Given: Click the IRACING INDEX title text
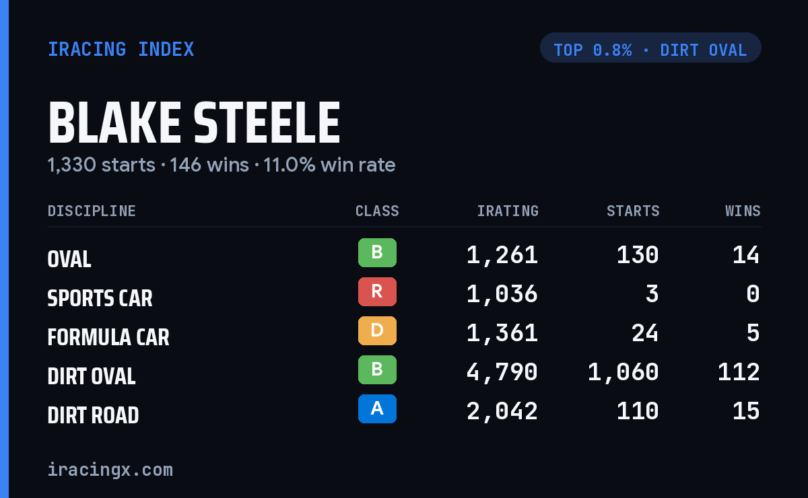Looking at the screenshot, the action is click(121, 49).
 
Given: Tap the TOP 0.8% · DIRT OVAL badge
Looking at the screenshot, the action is click(650, 48).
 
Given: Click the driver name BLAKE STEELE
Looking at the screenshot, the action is click(194, 122).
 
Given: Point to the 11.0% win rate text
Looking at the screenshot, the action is click(329, 165).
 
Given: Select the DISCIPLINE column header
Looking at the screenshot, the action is click(92, 211).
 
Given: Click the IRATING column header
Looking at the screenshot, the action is click(508, 211).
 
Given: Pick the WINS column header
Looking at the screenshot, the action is click(743, 211).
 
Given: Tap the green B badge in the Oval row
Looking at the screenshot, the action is click(377, 252).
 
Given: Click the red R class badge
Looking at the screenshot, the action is click(377, 291).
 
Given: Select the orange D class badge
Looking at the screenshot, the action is click(377, 330).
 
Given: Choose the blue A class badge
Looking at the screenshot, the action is click(377, 408).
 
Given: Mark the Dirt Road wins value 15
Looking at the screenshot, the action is click(746, 411).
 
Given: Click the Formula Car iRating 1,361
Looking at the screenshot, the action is click(502, 333).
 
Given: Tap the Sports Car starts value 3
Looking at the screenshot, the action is click(652, 294).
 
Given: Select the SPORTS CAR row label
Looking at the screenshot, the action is click(100, 298).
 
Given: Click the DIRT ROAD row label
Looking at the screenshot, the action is click(93, 415).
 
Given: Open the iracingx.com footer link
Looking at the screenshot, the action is click(110, 470).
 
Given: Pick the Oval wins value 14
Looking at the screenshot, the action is click(746, 255).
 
